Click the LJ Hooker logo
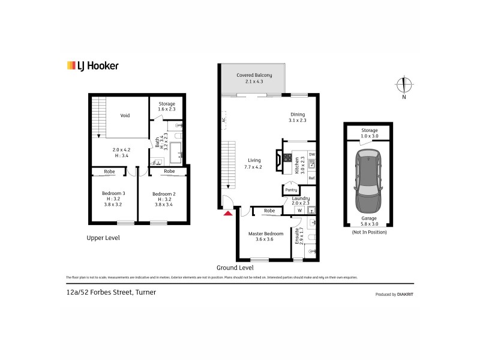(x=92, y=66)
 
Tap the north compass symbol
(x=404, y=85)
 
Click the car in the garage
(x=367, y=178)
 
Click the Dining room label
(x=298, y=115)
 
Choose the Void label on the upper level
(x=125, y=116)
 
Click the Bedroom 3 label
(x=112, y=193)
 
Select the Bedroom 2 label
(x=163, y=194)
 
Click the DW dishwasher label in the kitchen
(x=311, y=155)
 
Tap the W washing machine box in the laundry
(x=299, y=210)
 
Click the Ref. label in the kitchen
(x=311, y=178)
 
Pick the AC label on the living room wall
(x=224, y=119)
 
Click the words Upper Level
(x=103, y=238)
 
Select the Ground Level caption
(x=235, y=268)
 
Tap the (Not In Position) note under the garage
(x=369, y=232)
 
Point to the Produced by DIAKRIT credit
(x=394, y=295)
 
